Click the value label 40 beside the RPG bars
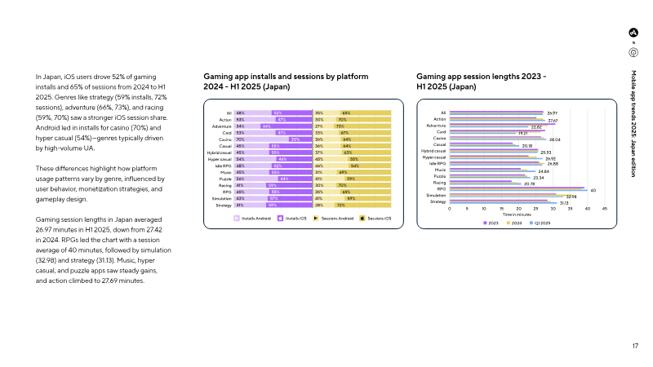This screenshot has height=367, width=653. (592, 190)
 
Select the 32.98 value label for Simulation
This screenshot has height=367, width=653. (571, 197)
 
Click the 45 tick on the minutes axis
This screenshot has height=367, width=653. (605, 208)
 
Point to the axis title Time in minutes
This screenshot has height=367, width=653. (517, 214)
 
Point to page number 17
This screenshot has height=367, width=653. (635, 347)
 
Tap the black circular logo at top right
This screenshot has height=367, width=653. (633, 32)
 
